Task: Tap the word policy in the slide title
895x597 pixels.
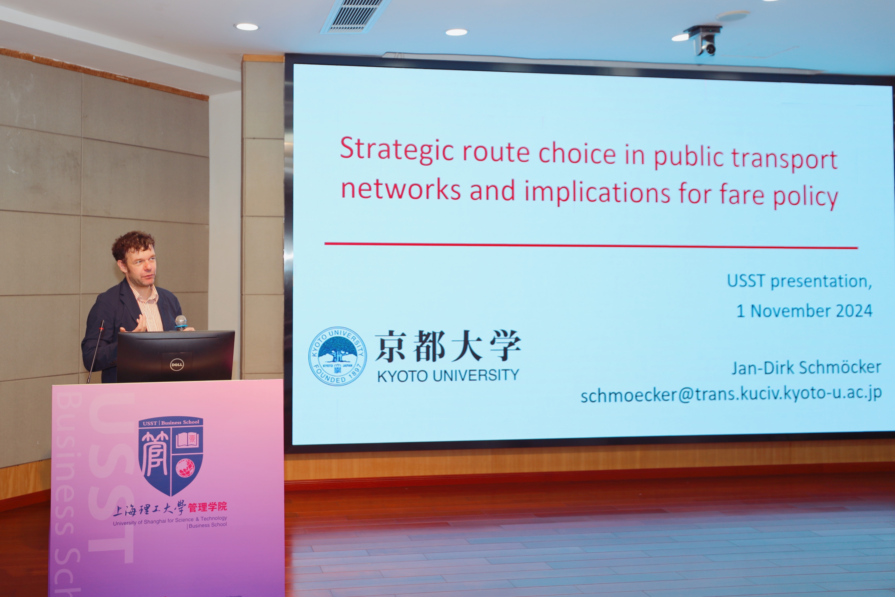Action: [x=806, y=195]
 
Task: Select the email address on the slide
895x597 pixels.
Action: [x=731, y=394]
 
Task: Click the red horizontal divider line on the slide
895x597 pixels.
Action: [x=591, y=246]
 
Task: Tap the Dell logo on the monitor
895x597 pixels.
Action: [x=177, y=365]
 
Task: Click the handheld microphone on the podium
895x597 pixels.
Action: [x=181, y=322]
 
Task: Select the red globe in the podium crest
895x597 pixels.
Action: [x=185, y=468]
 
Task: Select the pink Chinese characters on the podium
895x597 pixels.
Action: [x=207, y=507]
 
